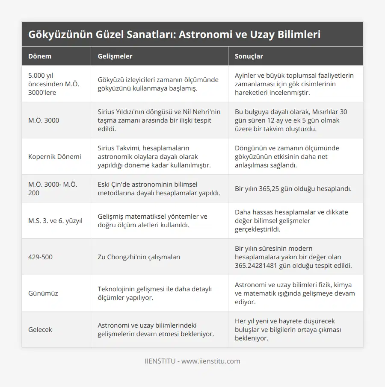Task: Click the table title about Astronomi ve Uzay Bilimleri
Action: (x=175, y=35)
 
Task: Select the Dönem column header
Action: (x=40, y=56)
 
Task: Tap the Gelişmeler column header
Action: (x=115, y=56)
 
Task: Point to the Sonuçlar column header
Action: (x=249, y=56)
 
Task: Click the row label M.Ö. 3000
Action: (x=44, y=120)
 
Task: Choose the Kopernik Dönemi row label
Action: (x=54, y=156)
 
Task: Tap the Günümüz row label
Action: (x=43, y=293)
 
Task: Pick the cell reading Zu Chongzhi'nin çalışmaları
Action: (x=139, y=257)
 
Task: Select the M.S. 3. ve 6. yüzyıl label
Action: (x=55, y=220)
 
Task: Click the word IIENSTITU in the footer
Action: (x=160, y=361)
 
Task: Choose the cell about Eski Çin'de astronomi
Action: (x=159, y=188)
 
